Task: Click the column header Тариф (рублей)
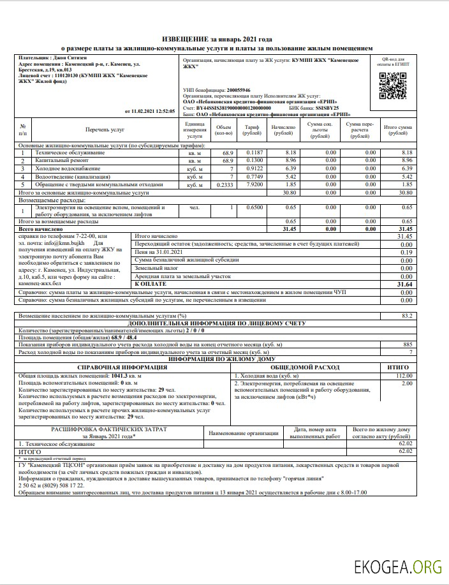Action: click(250, 130)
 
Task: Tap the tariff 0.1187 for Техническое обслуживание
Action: click(250, 152)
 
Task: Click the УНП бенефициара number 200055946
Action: click(235, 90)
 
